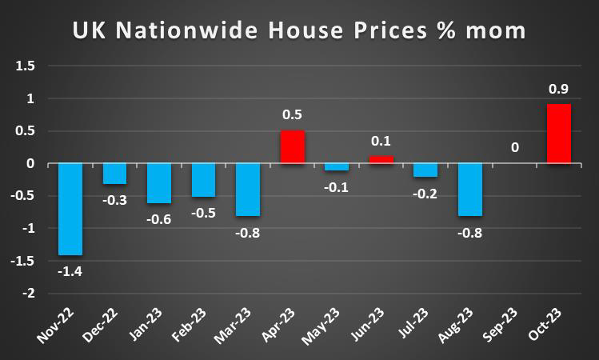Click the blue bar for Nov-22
[x=70, y=210]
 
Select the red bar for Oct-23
[x=557, y=134]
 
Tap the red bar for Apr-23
[x=292, y=147]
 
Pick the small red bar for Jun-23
[x=381, y=160]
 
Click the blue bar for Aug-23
[x=469, y=190]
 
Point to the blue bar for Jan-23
[x=159, y=183]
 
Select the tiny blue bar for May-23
[x=337, y=167]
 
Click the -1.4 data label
[x=71, y=271]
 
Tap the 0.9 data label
[x=558, y=88]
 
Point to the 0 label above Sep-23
[x=514, y=148]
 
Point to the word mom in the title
[x=497, y=31]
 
